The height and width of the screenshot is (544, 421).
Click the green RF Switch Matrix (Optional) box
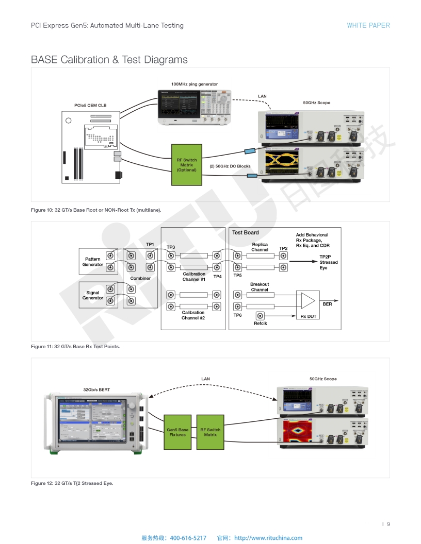(x=187, y=165)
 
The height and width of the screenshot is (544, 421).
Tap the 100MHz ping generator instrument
(x=194, y=107)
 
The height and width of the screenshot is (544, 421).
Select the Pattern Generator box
(x=93, y=262)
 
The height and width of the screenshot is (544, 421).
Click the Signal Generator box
(x=93, y=295)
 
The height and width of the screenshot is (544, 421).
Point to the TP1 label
(x=150, y=244)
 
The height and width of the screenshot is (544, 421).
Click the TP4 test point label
(x=218, y=277)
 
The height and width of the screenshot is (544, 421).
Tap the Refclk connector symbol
(x=260, y=315)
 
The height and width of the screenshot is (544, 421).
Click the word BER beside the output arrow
(x=327, y=304)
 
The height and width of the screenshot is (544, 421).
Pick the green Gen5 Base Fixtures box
(x=177, y=432)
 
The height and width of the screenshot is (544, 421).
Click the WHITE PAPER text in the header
(x=368, y=25)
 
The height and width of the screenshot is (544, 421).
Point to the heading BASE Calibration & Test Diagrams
(x=109, y=60)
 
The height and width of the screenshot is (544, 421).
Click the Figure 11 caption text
(x=75, y=347)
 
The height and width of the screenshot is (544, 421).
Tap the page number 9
(x=388, y=524)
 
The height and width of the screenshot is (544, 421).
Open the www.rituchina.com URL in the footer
(x=268, y=538)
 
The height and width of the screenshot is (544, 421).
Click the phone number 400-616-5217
(x=188, y=538)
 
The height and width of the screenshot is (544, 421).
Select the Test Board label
(x=246, y=233)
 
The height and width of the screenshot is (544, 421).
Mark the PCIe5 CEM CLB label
(x=91, y=106)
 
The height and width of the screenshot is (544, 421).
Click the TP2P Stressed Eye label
(x=328, y=262)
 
